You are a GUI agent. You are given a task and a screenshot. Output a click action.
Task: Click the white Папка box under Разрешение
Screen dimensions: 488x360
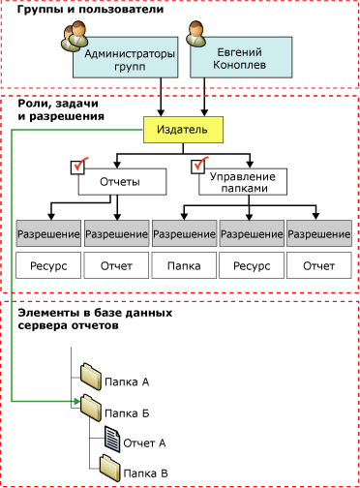click(184, 263)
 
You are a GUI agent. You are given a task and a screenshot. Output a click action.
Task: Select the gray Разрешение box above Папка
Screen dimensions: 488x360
click(184, 233)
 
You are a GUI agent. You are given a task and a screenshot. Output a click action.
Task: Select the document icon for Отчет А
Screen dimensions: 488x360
click(110, 442)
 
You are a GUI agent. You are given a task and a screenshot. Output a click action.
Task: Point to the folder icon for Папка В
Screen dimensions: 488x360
click(107, 472)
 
